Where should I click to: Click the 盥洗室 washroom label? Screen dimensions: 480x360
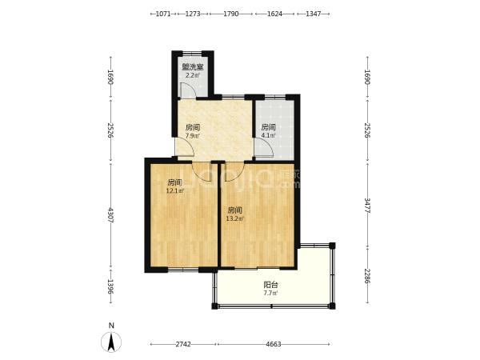click(x=193, y=66)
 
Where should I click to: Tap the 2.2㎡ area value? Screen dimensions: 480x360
click(x=193, y=75)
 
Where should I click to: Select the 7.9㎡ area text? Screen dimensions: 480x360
click(x=193, y=136)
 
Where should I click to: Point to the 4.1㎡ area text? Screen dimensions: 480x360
click(x=268, y=135)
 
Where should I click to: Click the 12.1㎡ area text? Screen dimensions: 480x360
click(x=174, y=190)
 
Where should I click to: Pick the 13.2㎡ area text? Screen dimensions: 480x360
click(x=234, y=218)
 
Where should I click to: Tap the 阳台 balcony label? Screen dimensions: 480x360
click(x=270, y=285)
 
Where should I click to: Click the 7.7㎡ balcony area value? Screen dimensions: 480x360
click(x=270, y=294)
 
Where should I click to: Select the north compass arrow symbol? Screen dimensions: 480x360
click(x=111, y=342)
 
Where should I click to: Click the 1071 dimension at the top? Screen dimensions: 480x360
click(x=163, y=14)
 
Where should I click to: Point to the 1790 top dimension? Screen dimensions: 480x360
click(x=231, y=14)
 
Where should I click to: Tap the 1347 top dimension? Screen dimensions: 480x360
click(x=313, y=14)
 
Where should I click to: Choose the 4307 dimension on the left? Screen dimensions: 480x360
click(x=111, y=215)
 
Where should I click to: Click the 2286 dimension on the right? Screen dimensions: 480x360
click(x=367, y=276)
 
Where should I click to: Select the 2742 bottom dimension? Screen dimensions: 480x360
click(x=183, y=344)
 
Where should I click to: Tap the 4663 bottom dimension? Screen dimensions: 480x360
click(x=274, y=344)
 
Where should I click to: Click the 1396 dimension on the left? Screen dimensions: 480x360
click(x=111, y=287)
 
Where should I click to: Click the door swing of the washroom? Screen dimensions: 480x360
click(x=186, y=90)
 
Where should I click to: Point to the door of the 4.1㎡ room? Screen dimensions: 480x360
click(x=264, y=148)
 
